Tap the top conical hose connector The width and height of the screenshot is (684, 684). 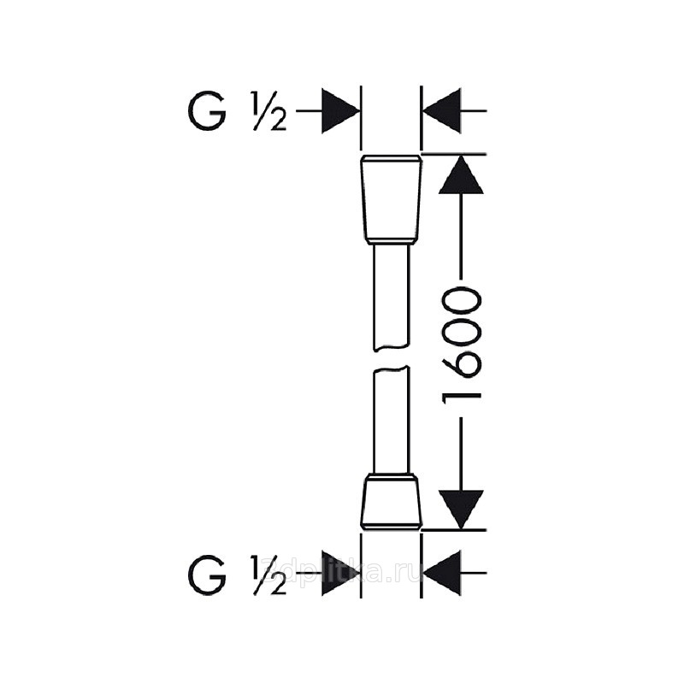391,198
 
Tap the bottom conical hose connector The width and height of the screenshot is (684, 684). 391,499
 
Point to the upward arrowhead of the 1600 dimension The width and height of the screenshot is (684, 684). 462,174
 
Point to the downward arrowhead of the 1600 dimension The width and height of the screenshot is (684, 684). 462,509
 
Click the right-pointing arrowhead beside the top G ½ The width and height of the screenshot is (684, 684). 339,111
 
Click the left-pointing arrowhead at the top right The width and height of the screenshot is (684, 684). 442,111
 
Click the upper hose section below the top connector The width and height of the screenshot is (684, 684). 392,295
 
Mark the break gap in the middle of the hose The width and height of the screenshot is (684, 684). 392,358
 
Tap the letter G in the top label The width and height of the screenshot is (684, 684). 207,112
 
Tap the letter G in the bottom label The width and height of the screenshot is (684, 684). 207,573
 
